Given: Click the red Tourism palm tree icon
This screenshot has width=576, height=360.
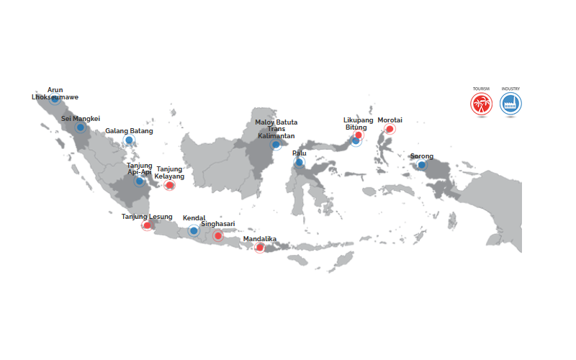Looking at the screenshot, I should coord(480,104).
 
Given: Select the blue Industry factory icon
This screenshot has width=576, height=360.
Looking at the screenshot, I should coord(511,104).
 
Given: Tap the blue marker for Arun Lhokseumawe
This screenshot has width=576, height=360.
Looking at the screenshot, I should coord(55,99).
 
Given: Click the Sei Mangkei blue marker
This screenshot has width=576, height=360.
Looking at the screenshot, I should coord(81,127).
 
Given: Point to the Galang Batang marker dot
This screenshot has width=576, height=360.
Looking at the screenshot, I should coord(129,140).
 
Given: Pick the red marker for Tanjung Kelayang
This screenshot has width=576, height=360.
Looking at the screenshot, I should coord(169,185).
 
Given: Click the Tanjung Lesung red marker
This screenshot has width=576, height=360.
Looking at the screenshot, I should coord(147,225).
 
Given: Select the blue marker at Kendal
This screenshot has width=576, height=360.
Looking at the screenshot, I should coord(193,230).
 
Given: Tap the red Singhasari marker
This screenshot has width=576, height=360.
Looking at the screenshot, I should coord(217,235).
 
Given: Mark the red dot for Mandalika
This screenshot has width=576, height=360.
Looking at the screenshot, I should coord(260,248).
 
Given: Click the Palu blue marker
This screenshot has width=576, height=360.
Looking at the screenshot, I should coord(299,163).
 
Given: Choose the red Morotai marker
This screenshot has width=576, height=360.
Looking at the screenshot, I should coord(390,130).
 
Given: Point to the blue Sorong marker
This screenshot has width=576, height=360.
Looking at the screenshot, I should coord(421,165).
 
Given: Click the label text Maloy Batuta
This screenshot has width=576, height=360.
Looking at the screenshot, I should coord(276,122).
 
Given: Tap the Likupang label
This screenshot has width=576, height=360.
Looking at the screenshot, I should coord(358,120).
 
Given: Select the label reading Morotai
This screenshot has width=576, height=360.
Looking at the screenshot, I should coord(390,120).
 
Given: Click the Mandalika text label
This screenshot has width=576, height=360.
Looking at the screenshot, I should coord(261,238).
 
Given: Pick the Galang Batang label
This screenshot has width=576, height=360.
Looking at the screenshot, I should coord(128,131).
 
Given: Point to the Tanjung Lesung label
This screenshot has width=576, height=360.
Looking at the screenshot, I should coord(147,216).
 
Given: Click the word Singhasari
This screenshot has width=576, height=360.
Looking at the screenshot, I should coord(217,224).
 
